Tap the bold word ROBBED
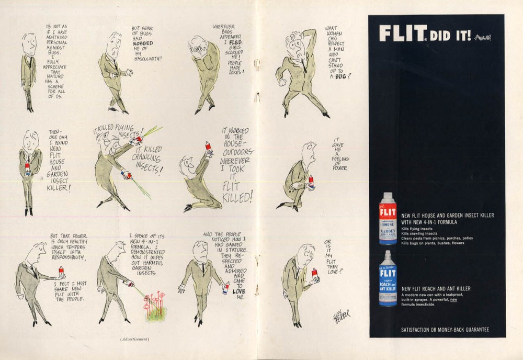coord(142,45)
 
